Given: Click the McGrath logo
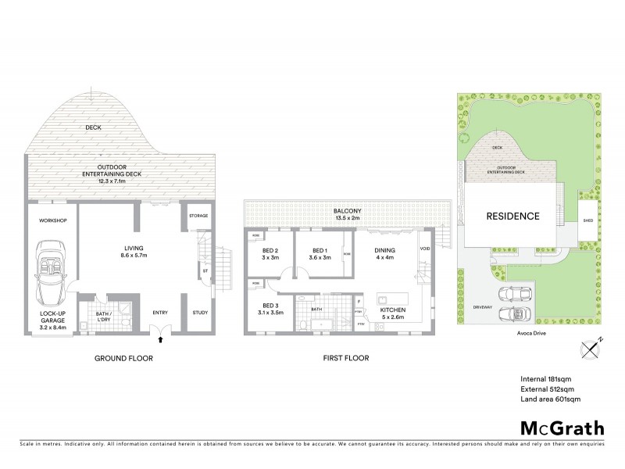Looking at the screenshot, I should tap(562, 428).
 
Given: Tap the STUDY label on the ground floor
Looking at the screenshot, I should tap(199, 313).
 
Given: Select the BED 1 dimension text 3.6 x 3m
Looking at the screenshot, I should tap(310, 257).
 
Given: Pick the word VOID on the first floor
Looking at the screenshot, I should tap(424, 249).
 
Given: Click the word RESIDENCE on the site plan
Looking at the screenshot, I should tap(512, 217).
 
